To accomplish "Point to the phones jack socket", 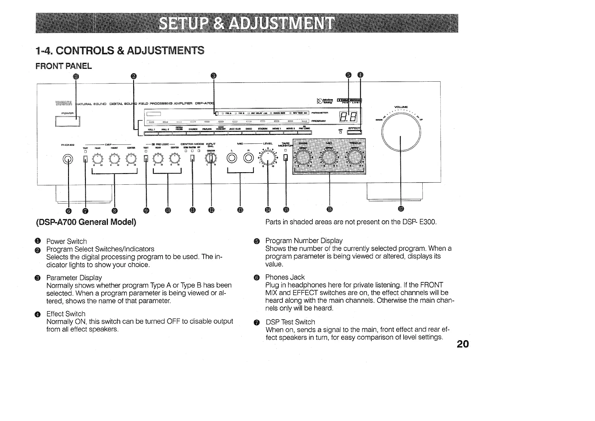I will (68, 159).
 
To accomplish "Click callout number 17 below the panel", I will (401, 210).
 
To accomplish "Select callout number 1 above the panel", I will (76, 76).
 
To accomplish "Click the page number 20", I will (463, 344).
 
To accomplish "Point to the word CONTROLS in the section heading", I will (85, 51).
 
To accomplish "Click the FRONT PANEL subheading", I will (64, 66).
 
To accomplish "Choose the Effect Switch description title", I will (66, 314).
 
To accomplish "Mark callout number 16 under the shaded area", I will (329, 210).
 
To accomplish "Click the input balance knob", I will (211, 159).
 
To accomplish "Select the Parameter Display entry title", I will (74, 278).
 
